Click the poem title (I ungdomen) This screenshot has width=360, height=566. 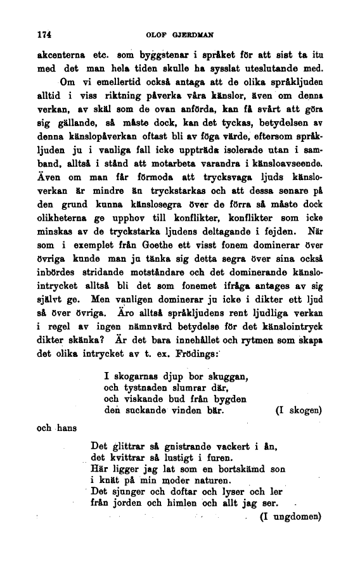click(291, 516)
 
